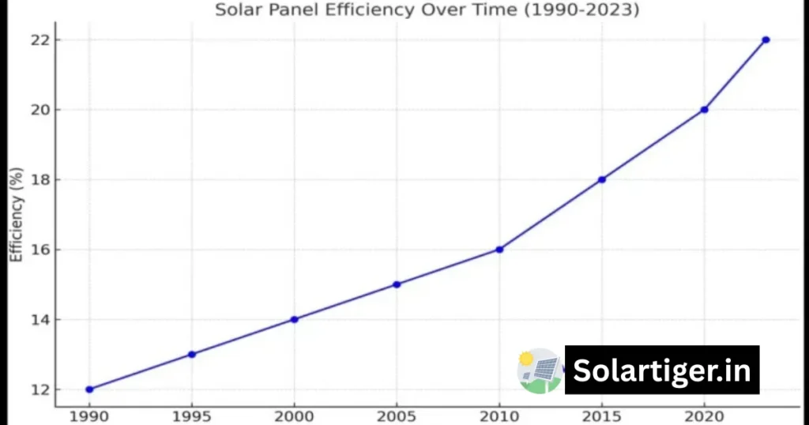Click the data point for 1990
[x=89, y=389]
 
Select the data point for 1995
[x=192, y=354]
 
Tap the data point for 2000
[x=295, y=319]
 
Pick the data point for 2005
[x=397, y=284]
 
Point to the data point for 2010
[x=499, y=250]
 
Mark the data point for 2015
[x=602, y=179]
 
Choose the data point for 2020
[x=704, y=110]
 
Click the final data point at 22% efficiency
[x=766, y=39]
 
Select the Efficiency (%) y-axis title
[x=16, y=214]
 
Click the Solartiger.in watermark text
[x=662, y=370]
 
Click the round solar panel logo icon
[x=540, y=370]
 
